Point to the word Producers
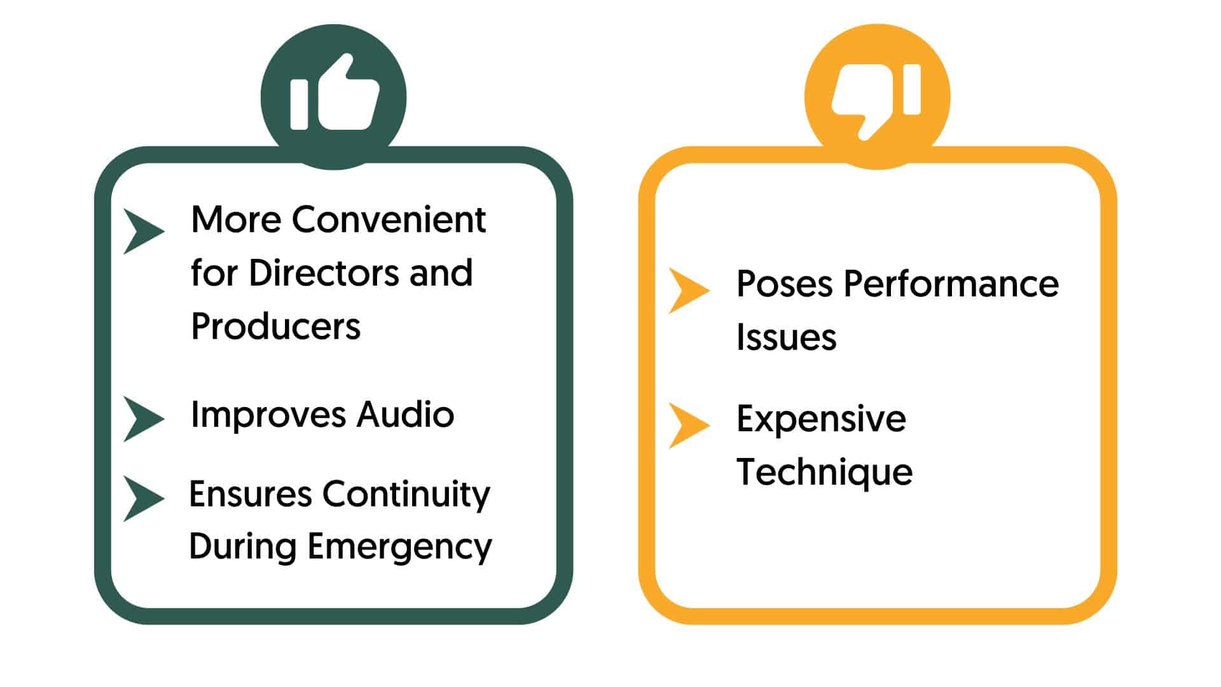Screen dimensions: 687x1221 275,327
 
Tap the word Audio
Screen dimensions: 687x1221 405,415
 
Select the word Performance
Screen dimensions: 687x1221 951,284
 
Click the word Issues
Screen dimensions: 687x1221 786,337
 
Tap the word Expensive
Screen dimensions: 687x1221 821,419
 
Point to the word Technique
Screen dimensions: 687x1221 824,473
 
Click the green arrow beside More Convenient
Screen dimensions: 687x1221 143,231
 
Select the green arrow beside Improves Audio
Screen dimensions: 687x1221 143,419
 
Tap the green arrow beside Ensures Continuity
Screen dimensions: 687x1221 143,499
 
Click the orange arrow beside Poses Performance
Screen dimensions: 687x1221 689,291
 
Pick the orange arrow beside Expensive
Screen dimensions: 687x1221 689,426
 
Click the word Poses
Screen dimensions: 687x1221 784,284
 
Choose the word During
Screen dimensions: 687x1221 242,546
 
